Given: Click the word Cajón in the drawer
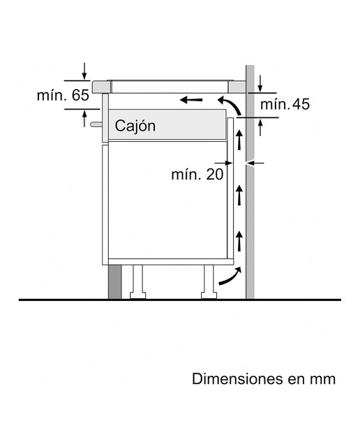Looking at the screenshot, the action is pos(135,126).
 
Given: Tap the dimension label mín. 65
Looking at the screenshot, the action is pos(63,95).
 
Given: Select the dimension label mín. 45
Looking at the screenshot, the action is pos(285,104).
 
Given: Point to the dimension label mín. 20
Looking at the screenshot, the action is pos(197,174).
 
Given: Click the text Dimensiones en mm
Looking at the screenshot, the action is pos(264,379).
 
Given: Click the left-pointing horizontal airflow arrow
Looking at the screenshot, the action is pos(191,100).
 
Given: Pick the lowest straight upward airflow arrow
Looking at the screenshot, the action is pos(239,241).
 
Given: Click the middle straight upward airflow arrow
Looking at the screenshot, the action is pos(239,196).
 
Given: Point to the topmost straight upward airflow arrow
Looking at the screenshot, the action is pos(239,140).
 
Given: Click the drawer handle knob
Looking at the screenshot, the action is pos(96,124).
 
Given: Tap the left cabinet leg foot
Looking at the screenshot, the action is pos(138,295).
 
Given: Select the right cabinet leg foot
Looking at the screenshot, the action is pos(209,295).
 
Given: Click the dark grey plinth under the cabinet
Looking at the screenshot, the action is pos(115,282).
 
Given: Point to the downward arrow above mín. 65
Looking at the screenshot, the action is pos(84,71).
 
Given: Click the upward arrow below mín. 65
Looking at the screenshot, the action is pos(84,119).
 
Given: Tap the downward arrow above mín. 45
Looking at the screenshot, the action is pos(260,84).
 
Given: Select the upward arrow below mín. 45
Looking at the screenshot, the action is pos(260,127).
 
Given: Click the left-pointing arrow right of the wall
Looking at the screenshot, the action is pos(256,163).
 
